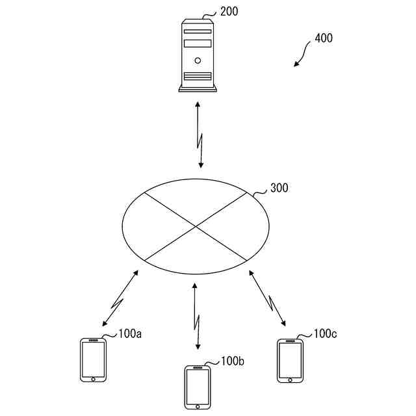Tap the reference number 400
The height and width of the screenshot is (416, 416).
coord(323,38)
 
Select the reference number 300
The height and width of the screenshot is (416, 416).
coord(279,188)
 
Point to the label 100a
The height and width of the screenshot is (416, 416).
coord(130,334)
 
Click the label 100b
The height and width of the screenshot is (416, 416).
coord(232,361)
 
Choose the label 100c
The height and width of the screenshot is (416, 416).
coord(325,333)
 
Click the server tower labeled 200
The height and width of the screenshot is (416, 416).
coord(198,55)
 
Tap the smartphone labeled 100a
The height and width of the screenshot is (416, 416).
coord(93,359)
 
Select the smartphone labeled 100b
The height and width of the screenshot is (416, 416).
coord(198,387)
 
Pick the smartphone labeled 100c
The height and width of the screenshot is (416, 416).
coord(290,359)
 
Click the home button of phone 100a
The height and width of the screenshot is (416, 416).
coord(93,378)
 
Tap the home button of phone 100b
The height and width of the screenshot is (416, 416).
coord(198,405)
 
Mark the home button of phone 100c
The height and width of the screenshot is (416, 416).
coord(290,378)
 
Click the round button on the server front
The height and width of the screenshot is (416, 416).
coord(198,60)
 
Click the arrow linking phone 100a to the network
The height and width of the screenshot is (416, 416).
coord(120,298)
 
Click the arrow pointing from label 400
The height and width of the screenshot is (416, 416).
coord(302,55)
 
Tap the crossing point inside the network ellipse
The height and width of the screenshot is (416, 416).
coord(196,226)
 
